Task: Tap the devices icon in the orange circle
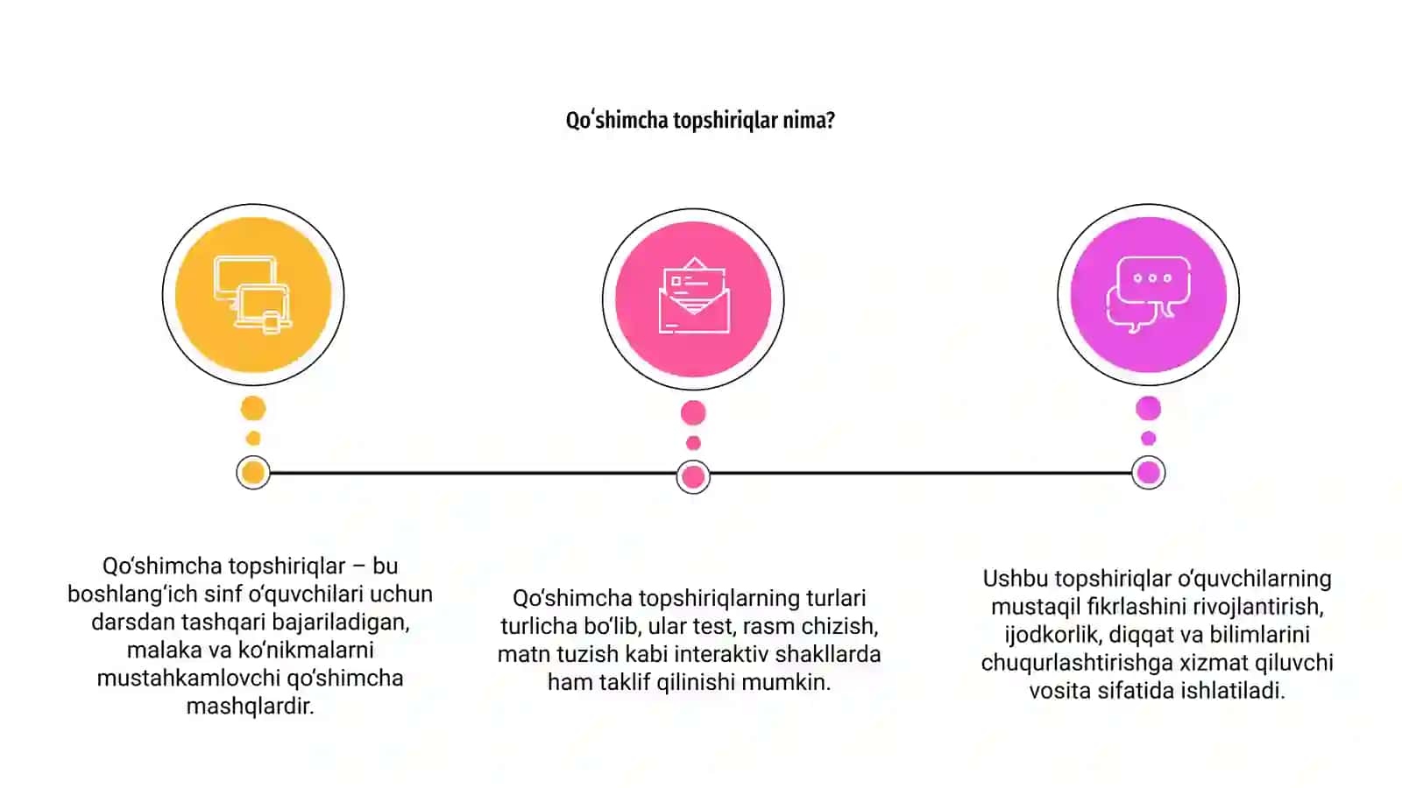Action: (252, 294)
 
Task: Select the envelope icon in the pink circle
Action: (693, 295)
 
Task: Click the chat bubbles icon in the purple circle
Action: (1149, 294)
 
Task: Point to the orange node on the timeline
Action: (253, 473)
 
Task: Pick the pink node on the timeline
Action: (693, 477)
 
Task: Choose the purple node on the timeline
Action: (1149, 473)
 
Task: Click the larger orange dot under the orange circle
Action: (253, 408)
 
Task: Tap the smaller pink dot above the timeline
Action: (693, 443)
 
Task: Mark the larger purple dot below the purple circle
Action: (1149, 408)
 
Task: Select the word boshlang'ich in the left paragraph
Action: (132, 595)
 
